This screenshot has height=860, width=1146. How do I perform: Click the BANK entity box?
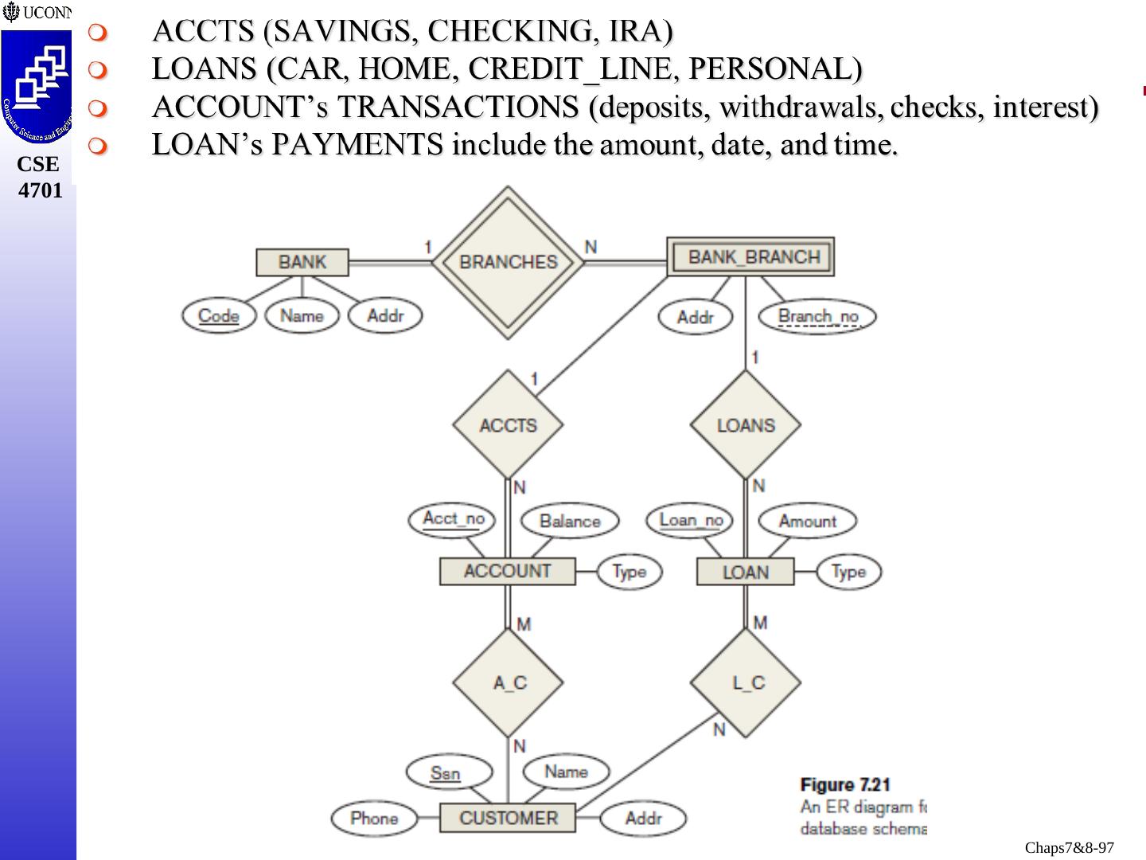(302, 262)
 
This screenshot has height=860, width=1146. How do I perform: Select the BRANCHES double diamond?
(508, 262)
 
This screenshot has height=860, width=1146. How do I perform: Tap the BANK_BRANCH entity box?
(750, 257)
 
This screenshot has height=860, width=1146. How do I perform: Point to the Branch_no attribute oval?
(817, 316)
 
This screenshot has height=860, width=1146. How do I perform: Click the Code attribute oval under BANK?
(218, 315)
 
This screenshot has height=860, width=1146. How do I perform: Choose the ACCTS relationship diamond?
(508, 425)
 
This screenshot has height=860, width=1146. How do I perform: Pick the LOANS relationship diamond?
(746, 425)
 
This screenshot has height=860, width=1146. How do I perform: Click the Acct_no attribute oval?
(452, 519)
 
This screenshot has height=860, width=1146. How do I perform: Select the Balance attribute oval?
(570, 521)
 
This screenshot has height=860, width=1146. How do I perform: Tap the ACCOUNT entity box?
(507, 571)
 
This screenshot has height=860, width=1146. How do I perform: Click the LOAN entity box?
(746, 572)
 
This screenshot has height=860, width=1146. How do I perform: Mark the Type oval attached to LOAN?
(848, 571)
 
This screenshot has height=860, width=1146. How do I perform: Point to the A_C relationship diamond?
(508, 682)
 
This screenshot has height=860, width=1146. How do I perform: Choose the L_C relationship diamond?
(746, 682)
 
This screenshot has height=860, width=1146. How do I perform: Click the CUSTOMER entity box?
(508, 818)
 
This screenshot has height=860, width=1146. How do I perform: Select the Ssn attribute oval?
(445, 772)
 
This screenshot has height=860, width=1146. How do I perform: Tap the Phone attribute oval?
(374, 819)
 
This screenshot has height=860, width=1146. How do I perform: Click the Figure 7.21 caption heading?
(845, 785)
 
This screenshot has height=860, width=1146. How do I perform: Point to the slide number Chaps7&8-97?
(1069, 848)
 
